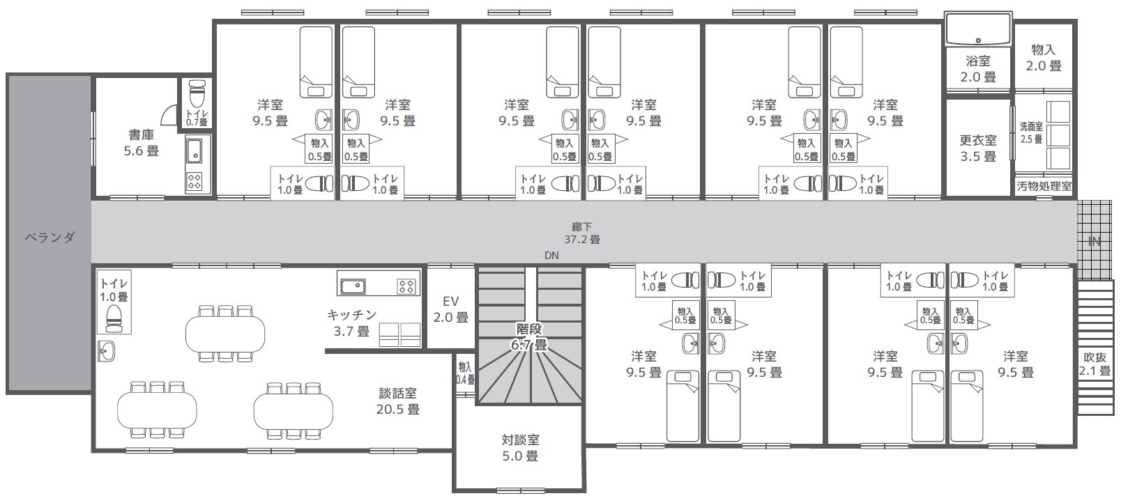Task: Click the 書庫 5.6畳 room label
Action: (x=142, y=143)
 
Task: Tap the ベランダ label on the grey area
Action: (x=50, y=237)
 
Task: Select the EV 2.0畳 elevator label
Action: (x=451, y=309)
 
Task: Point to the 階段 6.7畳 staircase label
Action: (x=529, y=336)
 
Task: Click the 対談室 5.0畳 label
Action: (x=521, y=447)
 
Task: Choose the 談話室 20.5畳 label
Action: (x=398, y=401)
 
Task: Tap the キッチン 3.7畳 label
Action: (x=351, y=323)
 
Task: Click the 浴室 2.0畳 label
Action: (x=978, y=69)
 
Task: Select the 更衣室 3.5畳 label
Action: (x=978, y=148)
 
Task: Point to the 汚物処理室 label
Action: (x=1044, y=187)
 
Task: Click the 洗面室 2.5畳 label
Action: (x=1032, y=133)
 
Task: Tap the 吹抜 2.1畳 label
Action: (x=1095, y=364)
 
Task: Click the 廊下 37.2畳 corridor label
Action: (x=582, y=233)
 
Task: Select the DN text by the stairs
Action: (x=551, y=256)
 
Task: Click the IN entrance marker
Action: (x=1094, y=242)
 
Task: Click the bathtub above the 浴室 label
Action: (x=978, y=29)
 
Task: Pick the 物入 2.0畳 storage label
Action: (x=1044, y=58)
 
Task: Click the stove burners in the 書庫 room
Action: (x=195, y=182)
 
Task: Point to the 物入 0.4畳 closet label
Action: (x=465, y=373)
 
